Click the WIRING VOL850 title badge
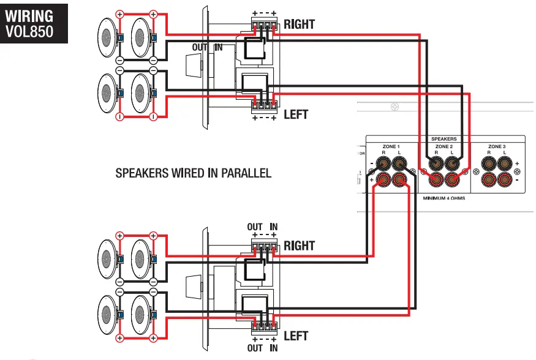(x=34, y=23)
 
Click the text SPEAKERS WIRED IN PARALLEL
(x=193, y=173)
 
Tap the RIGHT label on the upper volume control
(x=299, y=24)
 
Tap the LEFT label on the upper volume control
(x=296, y=114)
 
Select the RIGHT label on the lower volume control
(x=299, y=246)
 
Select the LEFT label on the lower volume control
(x=296, y=336)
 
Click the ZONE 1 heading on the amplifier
(x=390, y=147)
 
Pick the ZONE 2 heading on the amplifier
(x=444, y=147)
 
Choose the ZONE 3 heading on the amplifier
(x=496, y=147)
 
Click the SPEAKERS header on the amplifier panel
(x=444, y=139)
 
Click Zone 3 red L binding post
(x=504, y=180)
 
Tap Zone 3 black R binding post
(x=489, y=164)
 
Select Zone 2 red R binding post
(x=436, y=180)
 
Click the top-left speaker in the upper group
(x=108, y=38)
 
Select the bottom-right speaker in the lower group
(x=140, y=314)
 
